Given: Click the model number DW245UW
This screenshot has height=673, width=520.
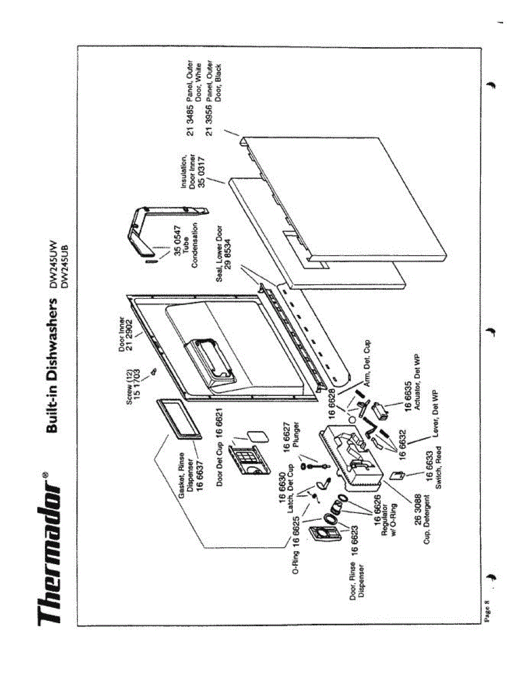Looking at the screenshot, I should click(x=54, y=263).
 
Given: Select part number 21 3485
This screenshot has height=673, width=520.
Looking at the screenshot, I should click(x=191, y=118).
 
